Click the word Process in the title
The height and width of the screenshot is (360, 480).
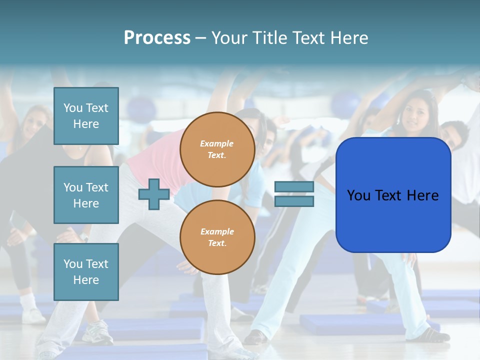pyautogui.click(x=157, y=38)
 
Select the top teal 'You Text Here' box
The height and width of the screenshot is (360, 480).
pyautogui.click(x=86, y=116)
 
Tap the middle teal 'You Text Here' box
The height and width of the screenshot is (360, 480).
pyautogui.click(x=86, y=195)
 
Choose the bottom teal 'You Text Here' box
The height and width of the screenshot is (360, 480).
pyautogui.click(x=86, y=271)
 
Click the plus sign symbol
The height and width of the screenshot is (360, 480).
pyautogui.click(x=154, y=194)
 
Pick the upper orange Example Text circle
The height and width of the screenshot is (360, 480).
pyautogui.click(x=217, y=149)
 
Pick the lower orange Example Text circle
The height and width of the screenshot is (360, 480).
pyautogui.click(x=217, y=237)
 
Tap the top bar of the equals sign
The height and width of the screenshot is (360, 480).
pyautogui.click(x=294, y=186)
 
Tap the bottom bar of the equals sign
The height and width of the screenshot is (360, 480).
pyautogui.click(x=294, y=201)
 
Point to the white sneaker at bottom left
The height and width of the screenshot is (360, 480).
pyautogui.click(x=97, y=332)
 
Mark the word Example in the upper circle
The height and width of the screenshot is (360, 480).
pyautogui.click(x=216, y=143)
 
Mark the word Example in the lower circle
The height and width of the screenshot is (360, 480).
pyautogui.click(x=217, y=231)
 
